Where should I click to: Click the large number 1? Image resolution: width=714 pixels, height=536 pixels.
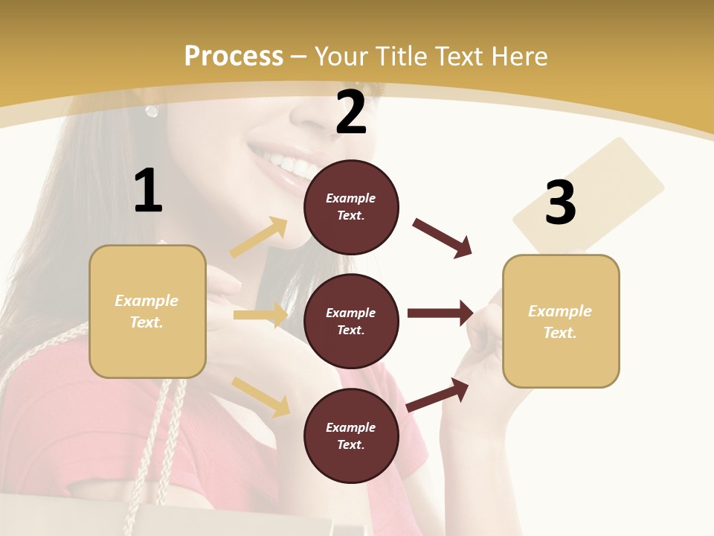(148, 191)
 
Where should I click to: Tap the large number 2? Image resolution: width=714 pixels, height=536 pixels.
(351, 112)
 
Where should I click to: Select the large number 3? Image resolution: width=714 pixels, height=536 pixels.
(560, 202)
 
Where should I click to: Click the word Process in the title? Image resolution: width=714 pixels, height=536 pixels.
(234, 56)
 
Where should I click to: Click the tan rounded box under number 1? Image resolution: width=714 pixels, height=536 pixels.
(147, 311)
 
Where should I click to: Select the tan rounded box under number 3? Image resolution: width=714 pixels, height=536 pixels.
(561, 321)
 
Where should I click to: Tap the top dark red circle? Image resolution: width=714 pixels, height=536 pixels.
(351, 207)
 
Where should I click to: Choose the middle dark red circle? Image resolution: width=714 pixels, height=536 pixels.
(351, 321)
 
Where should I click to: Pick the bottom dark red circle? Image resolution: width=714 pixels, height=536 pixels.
(351, 435)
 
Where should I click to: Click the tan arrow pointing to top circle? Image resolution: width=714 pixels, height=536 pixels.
(259, 237)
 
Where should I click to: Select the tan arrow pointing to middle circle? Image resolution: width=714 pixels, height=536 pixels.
(260, 315)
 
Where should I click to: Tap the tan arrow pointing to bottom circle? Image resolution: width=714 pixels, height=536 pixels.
(261, 396)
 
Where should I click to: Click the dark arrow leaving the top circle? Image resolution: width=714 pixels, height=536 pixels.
(443, 237)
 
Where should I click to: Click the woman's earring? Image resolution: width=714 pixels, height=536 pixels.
(152, 112)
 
